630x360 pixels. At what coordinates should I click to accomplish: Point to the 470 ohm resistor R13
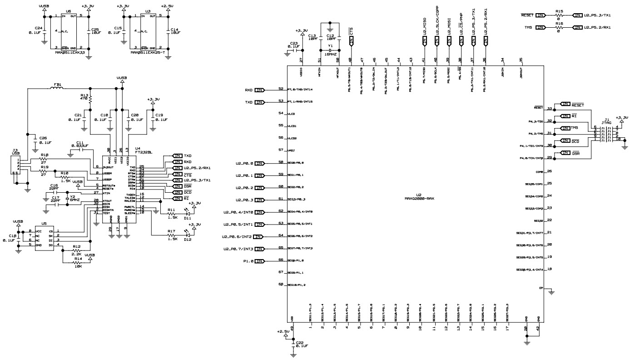tap(90, 98)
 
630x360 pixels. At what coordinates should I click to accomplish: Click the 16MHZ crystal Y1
tap(331, 50)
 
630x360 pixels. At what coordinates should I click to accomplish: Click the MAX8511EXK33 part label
tap(69, 52)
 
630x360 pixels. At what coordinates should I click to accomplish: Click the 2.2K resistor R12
tap(77, 250)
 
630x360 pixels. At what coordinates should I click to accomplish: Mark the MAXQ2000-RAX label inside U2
tap(419, 198)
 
